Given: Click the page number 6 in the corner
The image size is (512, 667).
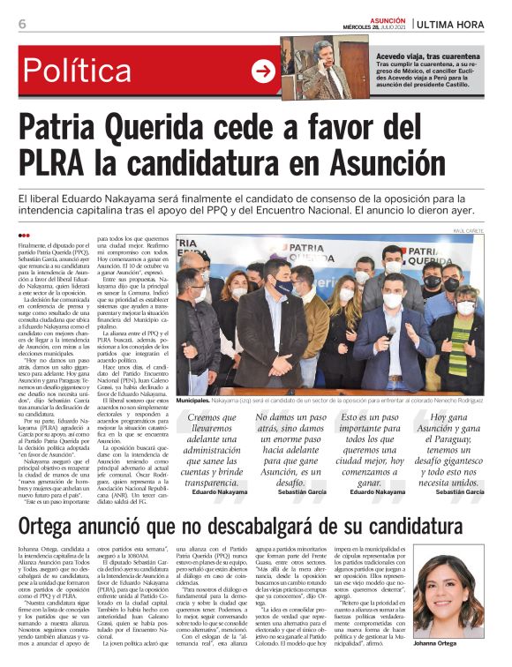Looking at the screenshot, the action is (x=21, y=23).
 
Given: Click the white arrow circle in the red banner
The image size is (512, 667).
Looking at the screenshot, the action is (x=263, y=71).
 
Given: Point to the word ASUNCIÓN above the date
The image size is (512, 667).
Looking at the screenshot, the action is (x=387, y=18).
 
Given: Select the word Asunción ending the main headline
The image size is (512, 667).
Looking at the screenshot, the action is (x=358, y=163).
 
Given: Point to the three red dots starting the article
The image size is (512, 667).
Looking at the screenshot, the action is (x=24, y=236).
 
